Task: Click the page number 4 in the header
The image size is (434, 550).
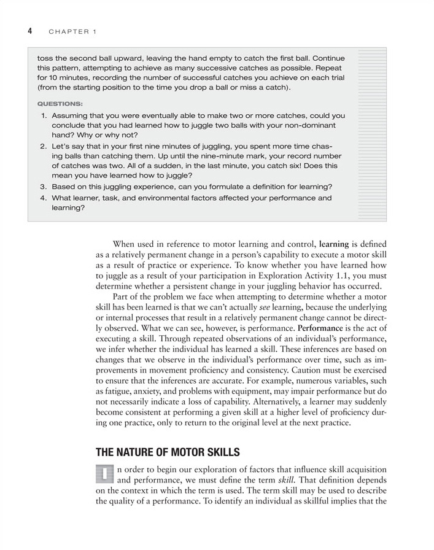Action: [x=29, y=31]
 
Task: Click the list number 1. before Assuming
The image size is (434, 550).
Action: [x=44, y=115]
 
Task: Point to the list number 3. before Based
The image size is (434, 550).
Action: [x=44, y=187]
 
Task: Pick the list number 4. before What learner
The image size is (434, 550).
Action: [x=44, y=198]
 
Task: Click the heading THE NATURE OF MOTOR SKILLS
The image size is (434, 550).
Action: [x=168, y=452]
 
